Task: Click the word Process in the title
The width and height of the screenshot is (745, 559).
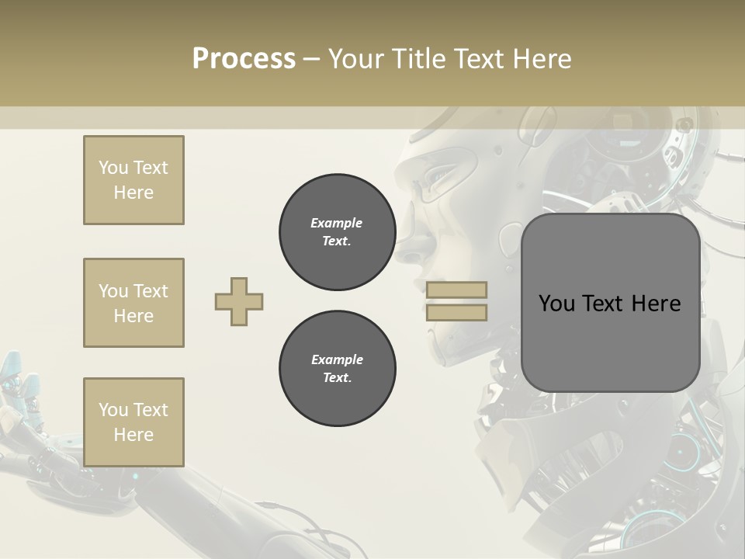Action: coord(244,59)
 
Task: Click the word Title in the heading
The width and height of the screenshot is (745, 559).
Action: coord(417,59)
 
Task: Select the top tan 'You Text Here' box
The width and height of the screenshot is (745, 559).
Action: coord(133,180)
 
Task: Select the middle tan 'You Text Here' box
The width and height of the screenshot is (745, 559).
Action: coord(133,303)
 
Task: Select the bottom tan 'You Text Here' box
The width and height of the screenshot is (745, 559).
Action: coord(133,422)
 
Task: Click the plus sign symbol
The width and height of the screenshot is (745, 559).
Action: coord(239,301)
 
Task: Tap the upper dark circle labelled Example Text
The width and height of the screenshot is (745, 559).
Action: coord(337,232)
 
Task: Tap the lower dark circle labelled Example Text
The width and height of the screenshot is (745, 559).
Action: coord(337,369)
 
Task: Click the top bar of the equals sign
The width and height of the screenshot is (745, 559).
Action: coord(456,290)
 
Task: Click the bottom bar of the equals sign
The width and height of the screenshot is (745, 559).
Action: coord(456,312)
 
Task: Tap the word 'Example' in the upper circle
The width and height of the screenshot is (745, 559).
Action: coord(337,223)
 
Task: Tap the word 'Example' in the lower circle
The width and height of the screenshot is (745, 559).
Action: coord(337,359)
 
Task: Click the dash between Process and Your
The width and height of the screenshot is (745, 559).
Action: coord(311,59)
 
